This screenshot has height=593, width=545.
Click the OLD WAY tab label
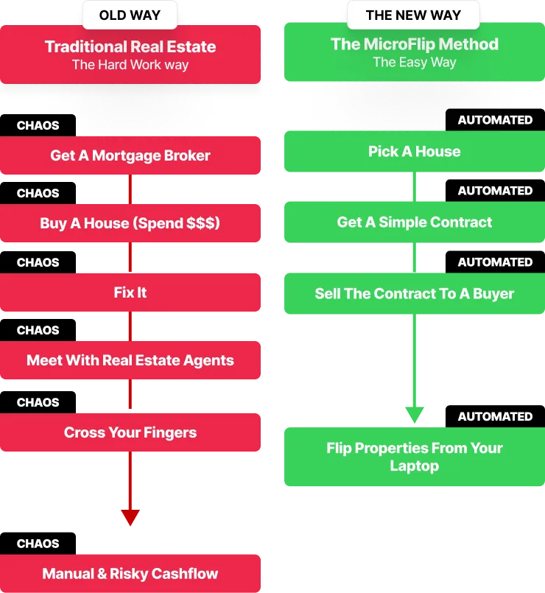pos(130,15)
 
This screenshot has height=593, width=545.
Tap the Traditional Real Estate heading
pos(130,46)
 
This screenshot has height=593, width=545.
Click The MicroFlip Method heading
pos(415,43)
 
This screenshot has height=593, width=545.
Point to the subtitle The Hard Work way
pos(130,65)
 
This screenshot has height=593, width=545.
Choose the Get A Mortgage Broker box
pos(130,155)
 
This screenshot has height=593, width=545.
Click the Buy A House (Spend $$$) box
pos(130,223)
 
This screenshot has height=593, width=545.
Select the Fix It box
pos(130,292)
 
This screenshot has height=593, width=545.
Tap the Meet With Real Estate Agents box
pos(130,360)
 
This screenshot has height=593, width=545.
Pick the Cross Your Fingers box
pos(130,432)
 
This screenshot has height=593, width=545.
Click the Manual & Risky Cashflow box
pos(130,574)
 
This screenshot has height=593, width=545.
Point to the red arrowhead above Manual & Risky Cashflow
pos(130,517)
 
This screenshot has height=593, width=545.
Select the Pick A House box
pos(415,152)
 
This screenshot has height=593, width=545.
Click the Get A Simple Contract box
pos(415,222)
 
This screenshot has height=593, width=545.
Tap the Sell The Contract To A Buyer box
pos(415,293)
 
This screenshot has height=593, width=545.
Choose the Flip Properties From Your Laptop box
pos(415,457)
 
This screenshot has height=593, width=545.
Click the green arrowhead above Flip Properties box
pos(415,415)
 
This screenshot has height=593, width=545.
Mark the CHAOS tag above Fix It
pos(38,262)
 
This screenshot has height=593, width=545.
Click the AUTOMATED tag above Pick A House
pos(495,120)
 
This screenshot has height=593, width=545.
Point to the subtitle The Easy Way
pos(415,62)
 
